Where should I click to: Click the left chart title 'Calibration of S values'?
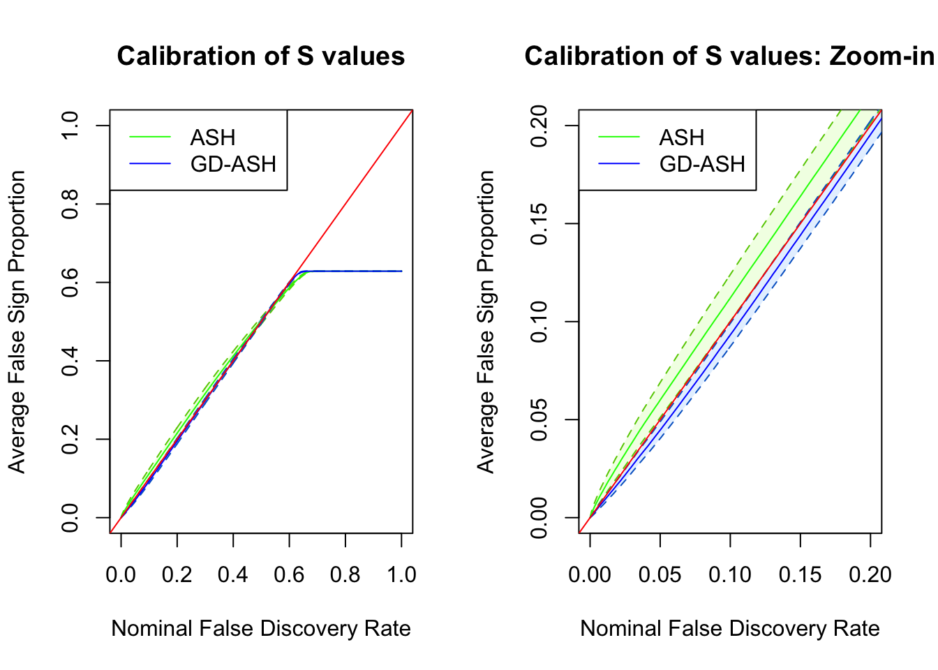[260, 56]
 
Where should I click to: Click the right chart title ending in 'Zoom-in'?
[729, 56]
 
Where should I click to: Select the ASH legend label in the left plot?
[213, 137]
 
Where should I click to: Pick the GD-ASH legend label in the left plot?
[233, 164]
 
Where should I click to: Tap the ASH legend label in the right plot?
[682, 137]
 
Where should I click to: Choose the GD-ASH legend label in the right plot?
[702, 164]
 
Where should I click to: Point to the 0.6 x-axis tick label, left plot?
[289, 574]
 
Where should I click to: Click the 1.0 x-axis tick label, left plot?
[401, 574]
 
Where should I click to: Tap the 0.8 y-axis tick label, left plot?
[70, 204]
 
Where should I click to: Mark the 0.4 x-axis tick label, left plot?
[233, 574]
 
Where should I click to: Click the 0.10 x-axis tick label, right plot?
[730, 574]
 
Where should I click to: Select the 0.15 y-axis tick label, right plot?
[539, 223]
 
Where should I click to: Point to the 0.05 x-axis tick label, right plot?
[660, 574]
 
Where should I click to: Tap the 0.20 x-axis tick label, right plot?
[870, 574]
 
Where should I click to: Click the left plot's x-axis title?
[260, 628]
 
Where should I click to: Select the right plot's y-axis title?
[486, 321]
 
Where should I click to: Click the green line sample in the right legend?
[619, 137]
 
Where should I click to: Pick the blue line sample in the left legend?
[150, 164]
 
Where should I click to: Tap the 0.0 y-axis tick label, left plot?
[70, 518]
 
